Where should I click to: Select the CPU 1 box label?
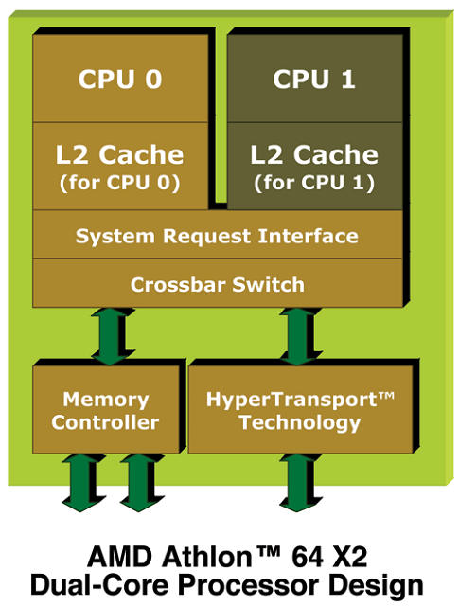(x=314, y=79)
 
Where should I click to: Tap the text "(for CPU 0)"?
(x=119, y=182)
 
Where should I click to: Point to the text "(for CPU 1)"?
(x=313, y=182)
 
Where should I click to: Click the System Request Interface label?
(x=217, y=236)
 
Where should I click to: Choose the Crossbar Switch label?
(x=217, y=284)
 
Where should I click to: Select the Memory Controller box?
(x=105, y=410)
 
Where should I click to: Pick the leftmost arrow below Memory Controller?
(x=81, y=480)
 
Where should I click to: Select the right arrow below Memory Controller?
(x=137, y=480)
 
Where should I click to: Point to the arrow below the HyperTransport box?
(x=300, y=480)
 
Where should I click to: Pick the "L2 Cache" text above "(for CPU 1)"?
(x=313, y=153)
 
